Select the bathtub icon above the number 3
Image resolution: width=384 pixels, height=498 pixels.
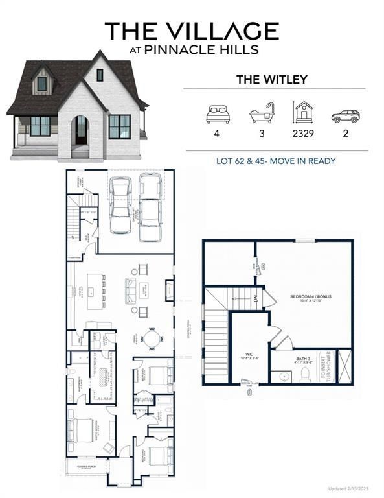point(263,114)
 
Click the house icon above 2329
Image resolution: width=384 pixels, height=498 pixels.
point(303,113)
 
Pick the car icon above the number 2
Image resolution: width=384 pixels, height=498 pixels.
point(345,116)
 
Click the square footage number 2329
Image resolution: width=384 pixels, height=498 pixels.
point(303,137)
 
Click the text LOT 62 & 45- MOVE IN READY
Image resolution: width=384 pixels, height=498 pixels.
point(276,161)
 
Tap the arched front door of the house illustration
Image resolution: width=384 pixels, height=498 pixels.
point(81,131)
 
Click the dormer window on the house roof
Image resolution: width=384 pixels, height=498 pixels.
point(42,84)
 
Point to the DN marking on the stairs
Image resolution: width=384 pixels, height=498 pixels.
point(256,300)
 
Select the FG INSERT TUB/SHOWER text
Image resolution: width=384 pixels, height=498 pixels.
point(328,366)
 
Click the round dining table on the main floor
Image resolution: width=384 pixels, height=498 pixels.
point(152,338)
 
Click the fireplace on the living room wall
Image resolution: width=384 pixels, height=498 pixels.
point(170,289)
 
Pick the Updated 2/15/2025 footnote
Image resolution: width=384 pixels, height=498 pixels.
point(356,488)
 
